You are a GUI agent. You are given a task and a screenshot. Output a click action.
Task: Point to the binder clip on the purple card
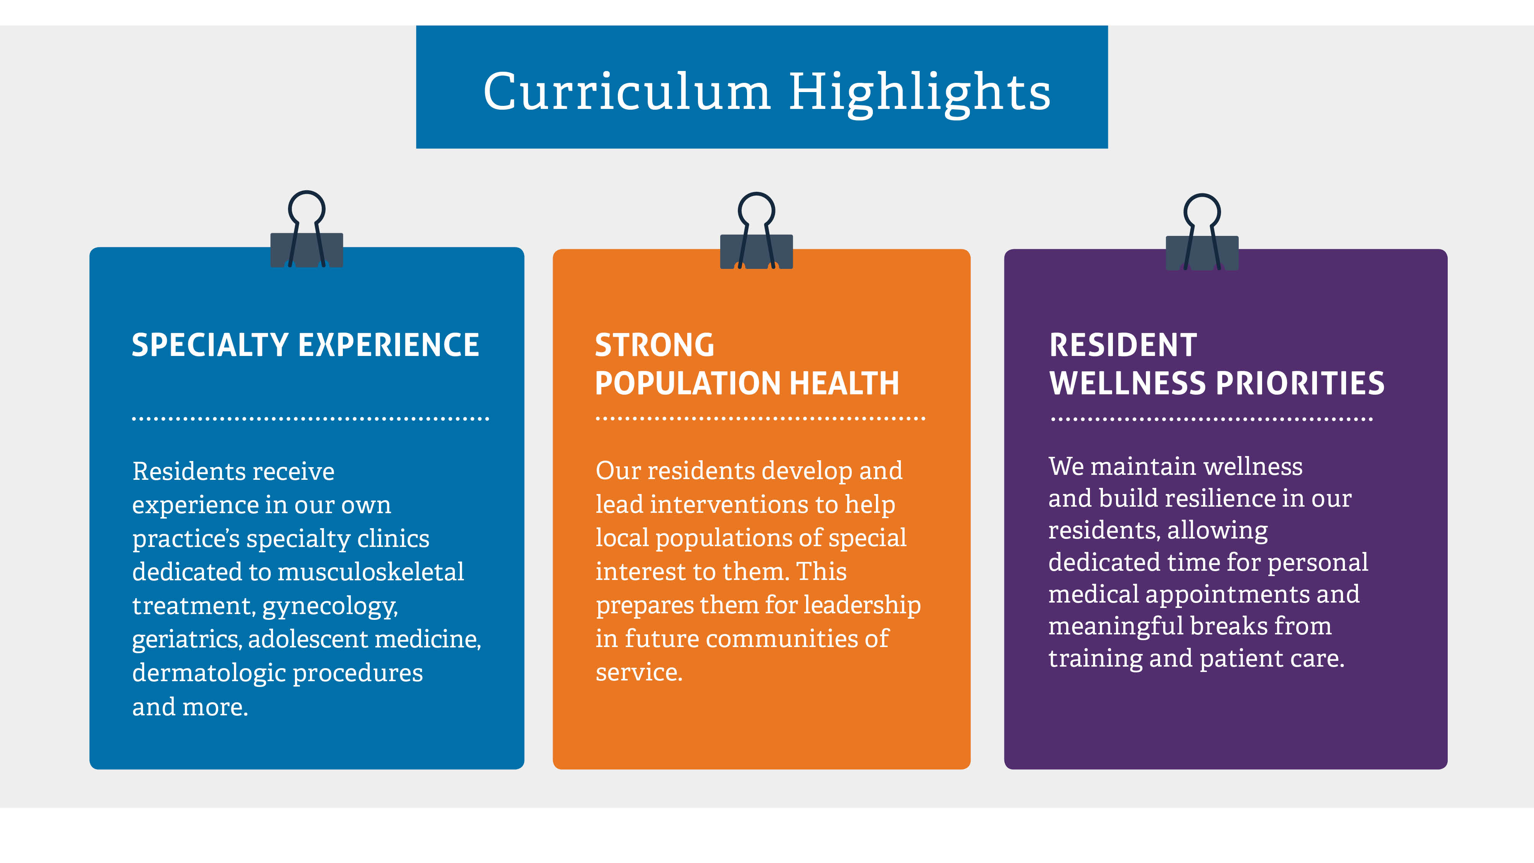click(x=1202, y=232)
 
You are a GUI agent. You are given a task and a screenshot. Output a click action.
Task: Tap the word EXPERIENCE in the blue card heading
click(x=389, y=346)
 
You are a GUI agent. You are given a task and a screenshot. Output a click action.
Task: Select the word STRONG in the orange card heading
click(x=655, y=346)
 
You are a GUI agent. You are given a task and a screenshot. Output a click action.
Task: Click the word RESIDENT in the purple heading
click(x=1123, y=346)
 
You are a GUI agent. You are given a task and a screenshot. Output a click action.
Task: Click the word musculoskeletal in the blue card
click(x=371, y=572)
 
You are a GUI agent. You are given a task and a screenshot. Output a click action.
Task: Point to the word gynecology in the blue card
click(x=330, y=607)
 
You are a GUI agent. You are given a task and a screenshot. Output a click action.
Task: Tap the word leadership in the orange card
click(x=862, y=606)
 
